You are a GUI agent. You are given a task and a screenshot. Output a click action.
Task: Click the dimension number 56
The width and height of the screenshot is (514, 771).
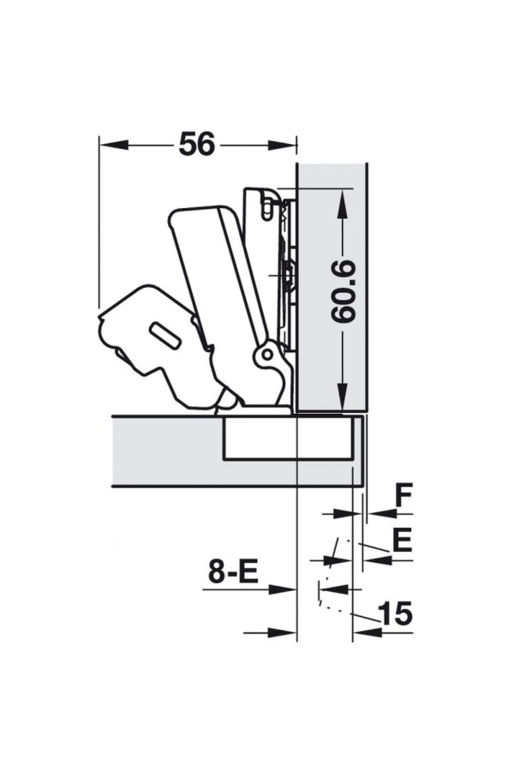[197, 144]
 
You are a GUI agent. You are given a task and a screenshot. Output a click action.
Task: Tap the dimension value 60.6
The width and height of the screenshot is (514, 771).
[343, 291]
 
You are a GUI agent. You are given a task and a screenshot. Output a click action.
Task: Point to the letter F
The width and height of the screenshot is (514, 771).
[403, 496]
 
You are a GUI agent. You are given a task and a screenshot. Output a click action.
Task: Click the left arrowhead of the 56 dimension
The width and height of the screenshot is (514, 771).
[114, 145]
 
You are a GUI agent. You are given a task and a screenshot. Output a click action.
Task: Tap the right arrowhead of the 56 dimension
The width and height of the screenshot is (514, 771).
[283, 145]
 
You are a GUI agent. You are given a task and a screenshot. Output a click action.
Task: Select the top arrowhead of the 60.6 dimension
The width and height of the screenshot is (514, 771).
[343, 202]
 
